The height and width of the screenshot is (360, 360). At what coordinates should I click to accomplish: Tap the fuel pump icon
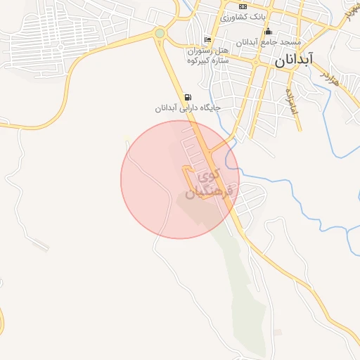pyautogui.click(x=187, y=97)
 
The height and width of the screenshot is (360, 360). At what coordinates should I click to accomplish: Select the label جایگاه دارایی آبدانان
pyautogui.click(x=188, y=108)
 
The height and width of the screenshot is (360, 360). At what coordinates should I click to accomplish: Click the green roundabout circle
pyautogui.click(x=160, y=32)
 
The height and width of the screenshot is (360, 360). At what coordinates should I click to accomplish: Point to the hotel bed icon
pyautogui.click(x=207, y=39)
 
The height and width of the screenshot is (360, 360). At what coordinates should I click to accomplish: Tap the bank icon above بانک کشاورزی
pyautogui.click(x=243, y=6)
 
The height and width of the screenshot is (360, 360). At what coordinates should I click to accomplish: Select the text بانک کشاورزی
pyautogui.click(x=243, y=17)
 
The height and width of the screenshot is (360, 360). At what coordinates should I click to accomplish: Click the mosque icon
pyautogui.click(x=267, y=31)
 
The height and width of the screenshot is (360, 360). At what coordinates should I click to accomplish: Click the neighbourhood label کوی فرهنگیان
pyautogui.click(x=212, y=181)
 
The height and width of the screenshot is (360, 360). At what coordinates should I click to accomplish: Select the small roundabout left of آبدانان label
pyautogui.click(x=255, y=61)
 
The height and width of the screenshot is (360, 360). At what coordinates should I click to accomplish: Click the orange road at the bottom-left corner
pyautogui.click(x=2, y=323)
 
